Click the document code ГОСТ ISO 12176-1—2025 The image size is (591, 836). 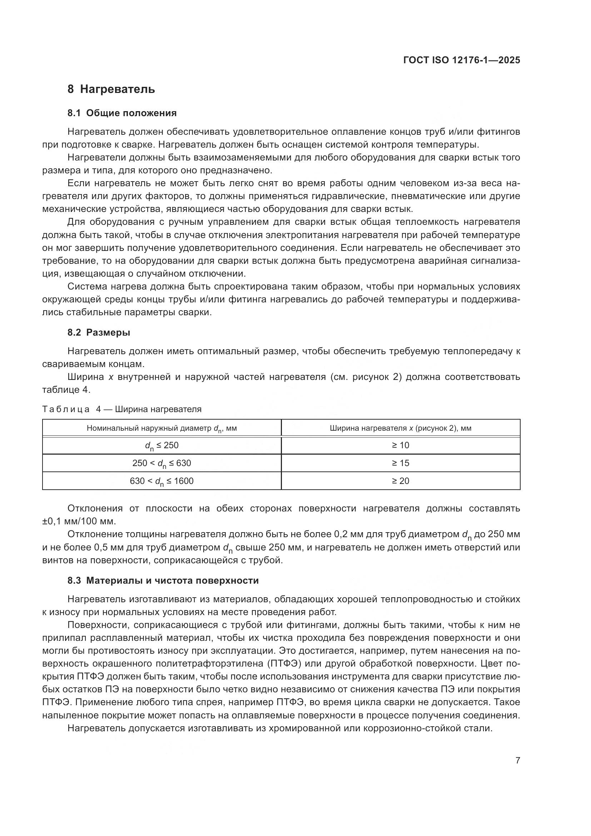461,60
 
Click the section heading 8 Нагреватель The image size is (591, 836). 111,89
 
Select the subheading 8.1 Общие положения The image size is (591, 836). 122,113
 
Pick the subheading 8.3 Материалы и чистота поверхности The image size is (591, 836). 163,580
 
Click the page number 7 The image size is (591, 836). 517,760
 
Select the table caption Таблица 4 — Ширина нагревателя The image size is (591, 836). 122,409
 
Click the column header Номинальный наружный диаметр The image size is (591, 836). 162,428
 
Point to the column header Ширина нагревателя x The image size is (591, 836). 400,428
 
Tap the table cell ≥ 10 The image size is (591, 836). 400,445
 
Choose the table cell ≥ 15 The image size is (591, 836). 400,463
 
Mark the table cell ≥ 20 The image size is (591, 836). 400,481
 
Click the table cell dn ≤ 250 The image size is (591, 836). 162,445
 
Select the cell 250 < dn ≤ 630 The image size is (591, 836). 162,463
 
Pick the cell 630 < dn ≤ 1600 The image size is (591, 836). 162,481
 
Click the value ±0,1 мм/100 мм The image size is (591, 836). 79,521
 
